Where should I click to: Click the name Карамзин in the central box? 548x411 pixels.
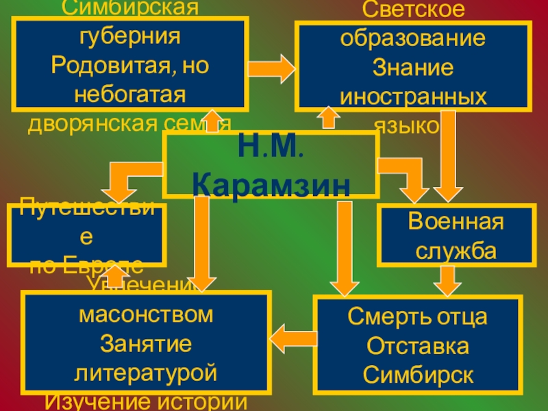pyautogui.click(x=271, y=184)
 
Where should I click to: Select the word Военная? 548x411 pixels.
pyautogui.click(x=456, y=223)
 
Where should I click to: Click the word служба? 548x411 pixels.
pyautogui.click(x=456, y=249)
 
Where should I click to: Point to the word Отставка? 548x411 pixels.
pyautogui.click(x=418, y=346)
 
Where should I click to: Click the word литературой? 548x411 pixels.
pyautogui.click(x=147, y=373)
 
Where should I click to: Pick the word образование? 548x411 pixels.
pyautogui.click(x=413, y=38)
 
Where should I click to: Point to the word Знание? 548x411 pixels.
pyautogui.click(x=413, y=67)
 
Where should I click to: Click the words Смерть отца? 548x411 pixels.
pyautogui.click(x=418, y=317)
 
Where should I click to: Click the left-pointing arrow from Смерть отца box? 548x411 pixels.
pyautogui.click(x=293, y=336)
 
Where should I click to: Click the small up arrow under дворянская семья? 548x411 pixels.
pyautogui.click(x=212, y=121)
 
